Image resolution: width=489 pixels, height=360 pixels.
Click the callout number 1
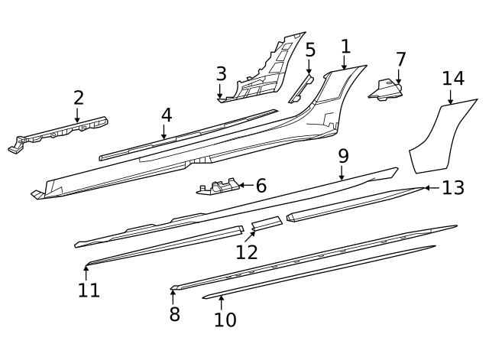[345, 46]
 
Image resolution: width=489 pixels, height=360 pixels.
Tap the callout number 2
[78, 98]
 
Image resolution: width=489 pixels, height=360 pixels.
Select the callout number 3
[221, 74]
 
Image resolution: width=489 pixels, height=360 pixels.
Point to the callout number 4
[166, 115]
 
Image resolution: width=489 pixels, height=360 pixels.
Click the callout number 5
[309, 50]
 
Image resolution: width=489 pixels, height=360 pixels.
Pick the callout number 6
[261, 185]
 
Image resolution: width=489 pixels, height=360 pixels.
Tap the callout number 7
[400, 59]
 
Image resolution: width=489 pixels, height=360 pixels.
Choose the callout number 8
[174, 313]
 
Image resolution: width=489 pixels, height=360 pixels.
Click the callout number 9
[343, 156]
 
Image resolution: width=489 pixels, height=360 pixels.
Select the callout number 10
[225, 319]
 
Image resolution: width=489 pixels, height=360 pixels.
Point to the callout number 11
[89, 290]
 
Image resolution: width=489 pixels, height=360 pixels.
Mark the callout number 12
[247, 251]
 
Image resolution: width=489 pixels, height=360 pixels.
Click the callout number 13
[453, 187]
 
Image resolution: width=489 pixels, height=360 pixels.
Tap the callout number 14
[452, 78]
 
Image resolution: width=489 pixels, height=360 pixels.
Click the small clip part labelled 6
[216, 187]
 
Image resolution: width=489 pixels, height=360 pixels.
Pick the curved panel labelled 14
[437, 139]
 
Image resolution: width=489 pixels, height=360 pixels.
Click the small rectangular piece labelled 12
[266, 223]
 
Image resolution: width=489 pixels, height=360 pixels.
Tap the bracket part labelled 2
[61, 131]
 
